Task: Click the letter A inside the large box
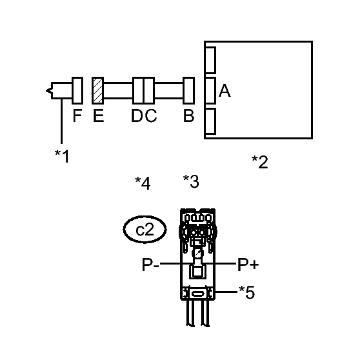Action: (x=225, y=91)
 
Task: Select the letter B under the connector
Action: (x=189, y=115)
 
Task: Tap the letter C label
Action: (x=151, y=115)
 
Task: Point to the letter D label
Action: (x=137, y=115)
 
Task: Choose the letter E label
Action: (x=99, y=115)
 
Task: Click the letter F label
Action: (x=77, y=115)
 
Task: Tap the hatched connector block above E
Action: (x=98, y=90)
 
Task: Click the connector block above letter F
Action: (x=77, y=90)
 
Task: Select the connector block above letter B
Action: (x=189, y=90)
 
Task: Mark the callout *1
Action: (x=62, y=156)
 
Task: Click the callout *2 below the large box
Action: (x=259, y=162)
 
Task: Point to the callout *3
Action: (x=191, y=181)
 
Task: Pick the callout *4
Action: (x=143, y=183)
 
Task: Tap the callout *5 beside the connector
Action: (x=247, y=292)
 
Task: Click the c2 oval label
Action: (x=145, y=230)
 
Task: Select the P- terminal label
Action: (x=150, y=265)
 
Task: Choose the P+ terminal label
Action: (x=248, y=265)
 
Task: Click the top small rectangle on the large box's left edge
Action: (x=210, y=60)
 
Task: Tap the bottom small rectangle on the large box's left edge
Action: (x=210, y=121)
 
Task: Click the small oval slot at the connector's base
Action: (x=197, y=294)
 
